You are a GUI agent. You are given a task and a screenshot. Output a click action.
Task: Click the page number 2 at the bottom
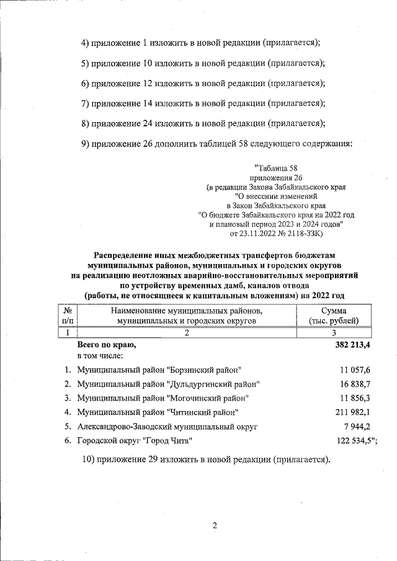(215, 526)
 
